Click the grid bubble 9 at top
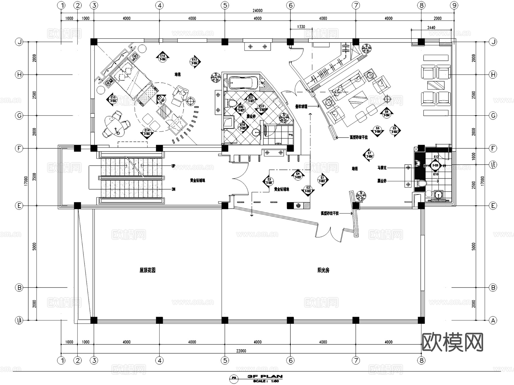[x=454, y=5]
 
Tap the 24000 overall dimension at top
[x=257, y=11]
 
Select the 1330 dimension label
[x=301, y=27]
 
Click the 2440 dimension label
[x=431, y=27]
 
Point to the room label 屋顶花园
[x=147, y=270]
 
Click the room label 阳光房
[x=323, y=270]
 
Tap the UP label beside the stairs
[x=173, y=166]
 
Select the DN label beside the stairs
[x=173, y=189]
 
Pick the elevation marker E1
[x=322, y=179]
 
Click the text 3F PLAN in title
[x=265, y=376]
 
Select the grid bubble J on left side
[x=19, y=42]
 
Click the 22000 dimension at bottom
[x=241, y=351]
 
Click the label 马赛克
[x=382, y=168]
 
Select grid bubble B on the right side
[x=493, y=288]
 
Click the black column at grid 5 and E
[x=225, y=206]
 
